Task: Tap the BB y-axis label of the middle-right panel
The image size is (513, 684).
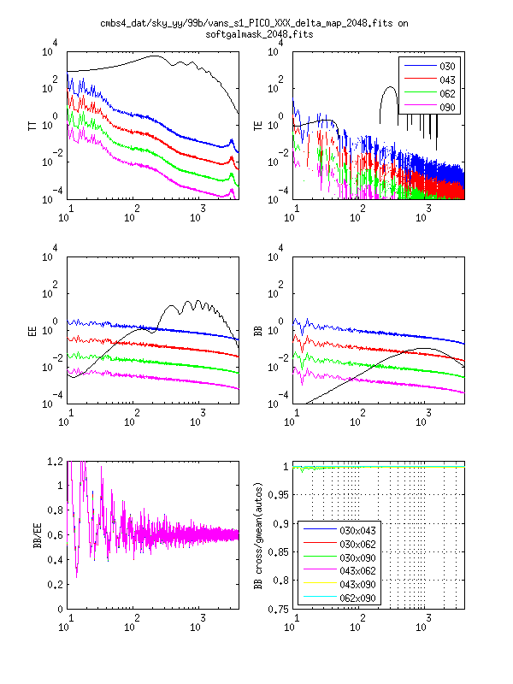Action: [259, 329]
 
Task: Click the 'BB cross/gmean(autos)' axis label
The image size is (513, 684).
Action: [259, 535]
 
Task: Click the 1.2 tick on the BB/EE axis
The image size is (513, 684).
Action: [54, 462]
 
